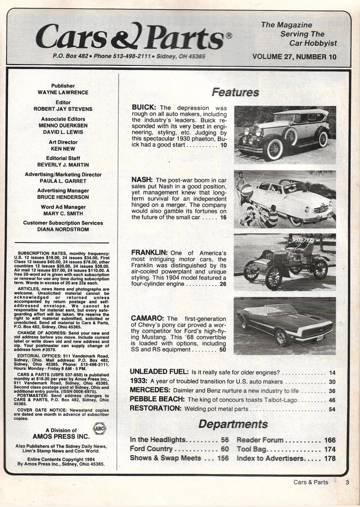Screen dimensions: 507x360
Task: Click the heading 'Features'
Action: click(235, 92)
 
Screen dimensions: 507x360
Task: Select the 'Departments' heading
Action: click(233, 424)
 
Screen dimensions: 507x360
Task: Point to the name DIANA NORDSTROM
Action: click(63, 229)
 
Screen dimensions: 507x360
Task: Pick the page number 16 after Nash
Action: click(223, 217)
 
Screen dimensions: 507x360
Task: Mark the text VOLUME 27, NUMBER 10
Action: click(294, 57)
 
